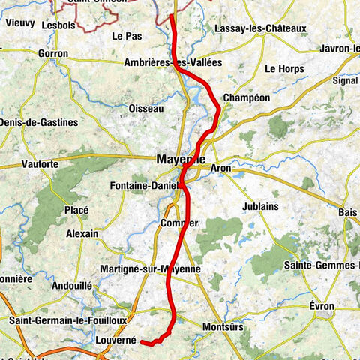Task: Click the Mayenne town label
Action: (180, 159)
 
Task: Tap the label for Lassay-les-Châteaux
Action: (260, 28)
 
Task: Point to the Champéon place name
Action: (246, 98)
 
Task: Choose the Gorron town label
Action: (52, 55)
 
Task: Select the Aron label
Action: (221, 169)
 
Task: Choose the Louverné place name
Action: (116, 340)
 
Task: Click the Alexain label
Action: (82, 234)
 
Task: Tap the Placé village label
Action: (76, 210)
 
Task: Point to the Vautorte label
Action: (40, 163)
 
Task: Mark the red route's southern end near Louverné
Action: (142, 342)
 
